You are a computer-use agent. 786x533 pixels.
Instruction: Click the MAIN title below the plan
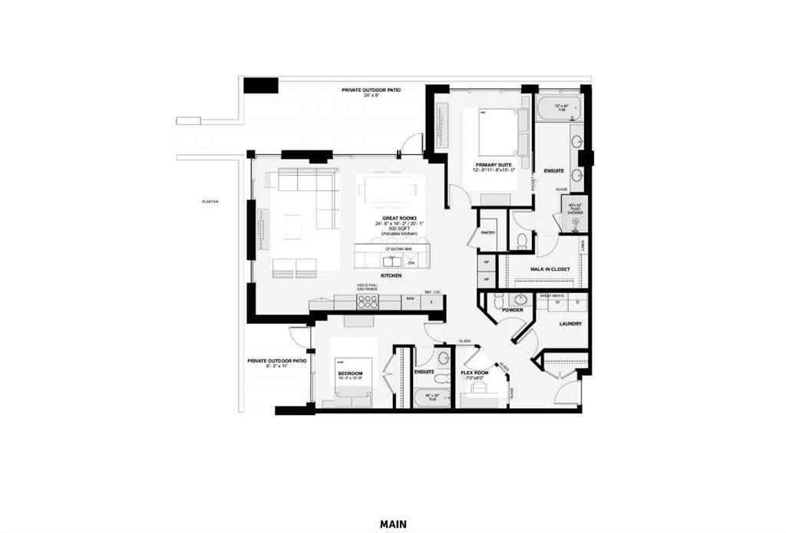tap(392, 525)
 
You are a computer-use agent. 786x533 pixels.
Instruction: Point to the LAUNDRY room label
tap(570, 324)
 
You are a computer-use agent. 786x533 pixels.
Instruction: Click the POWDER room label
tap(513, 310)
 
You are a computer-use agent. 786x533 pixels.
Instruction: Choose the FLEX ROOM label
tap(476, 373)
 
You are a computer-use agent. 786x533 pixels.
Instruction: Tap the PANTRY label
tap(487, 232)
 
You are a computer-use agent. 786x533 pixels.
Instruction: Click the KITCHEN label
tap(392, 275)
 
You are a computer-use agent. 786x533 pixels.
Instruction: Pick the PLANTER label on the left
tap(210, 202)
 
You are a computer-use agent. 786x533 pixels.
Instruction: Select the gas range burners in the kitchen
tap(367, 301)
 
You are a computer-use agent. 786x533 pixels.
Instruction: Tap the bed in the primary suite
tap(497, 132)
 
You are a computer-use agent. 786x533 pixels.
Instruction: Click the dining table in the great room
tap(391, 189)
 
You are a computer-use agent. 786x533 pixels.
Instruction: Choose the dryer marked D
tap(577, 303)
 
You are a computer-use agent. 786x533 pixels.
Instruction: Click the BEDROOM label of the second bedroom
tap(350, 373)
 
